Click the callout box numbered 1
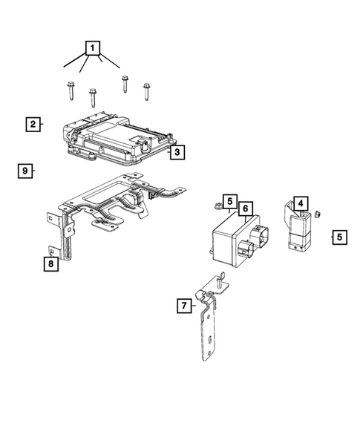tap(93, 50)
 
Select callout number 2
tap(33, 124)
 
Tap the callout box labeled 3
tap(176, 153)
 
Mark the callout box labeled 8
tap(50, 263)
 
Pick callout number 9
tap(25, 171)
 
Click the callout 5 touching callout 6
tap(230, 201)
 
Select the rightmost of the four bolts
tap(146, 91)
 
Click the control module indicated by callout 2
tap(119, 137)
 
